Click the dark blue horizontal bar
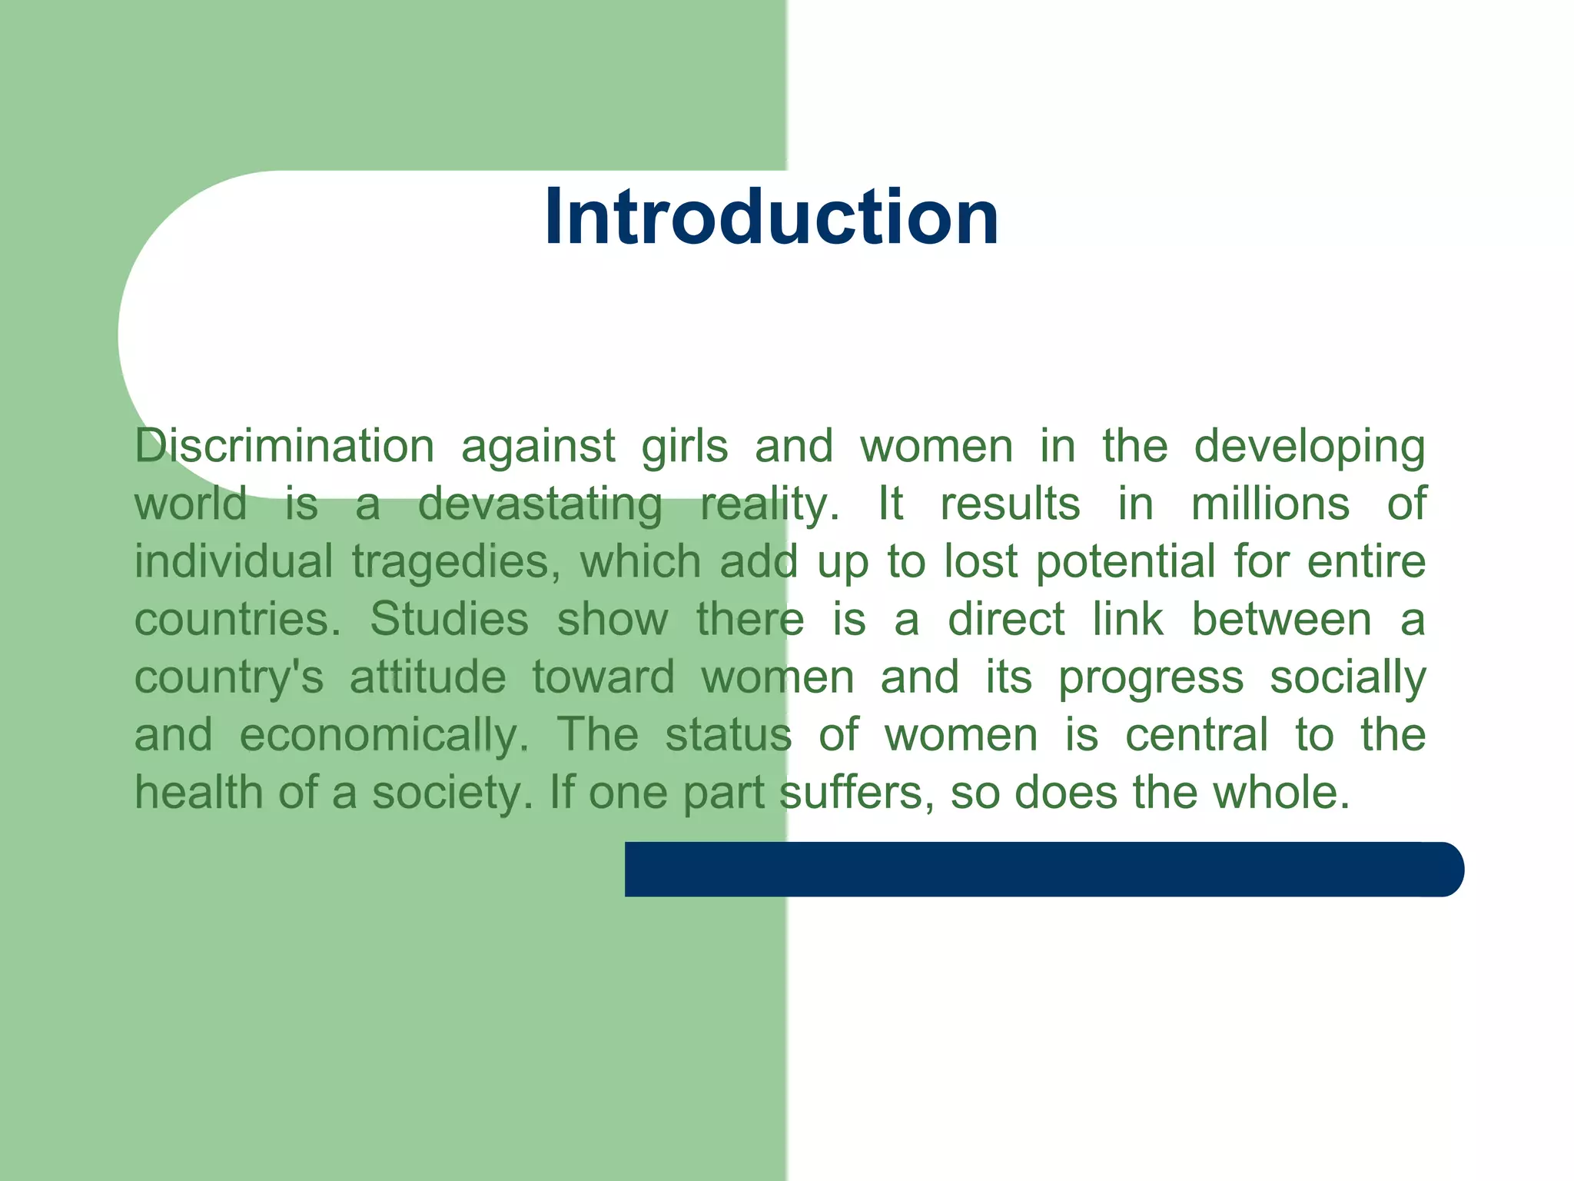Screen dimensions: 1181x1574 click(1044, 869)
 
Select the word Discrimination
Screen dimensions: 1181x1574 click(284, 446)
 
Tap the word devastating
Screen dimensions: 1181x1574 click(540, 504)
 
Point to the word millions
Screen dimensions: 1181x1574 click(1270, 504)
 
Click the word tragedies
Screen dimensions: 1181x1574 click(457, 562)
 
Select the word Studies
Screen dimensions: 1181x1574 click(449, 619)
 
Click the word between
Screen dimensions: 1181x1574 click(1281, 619)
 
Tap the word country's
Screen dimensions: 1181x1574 click(229, 677)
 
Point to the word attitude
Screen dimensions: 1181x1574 click(428, 677)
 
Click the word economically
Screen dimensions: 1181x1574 click(384, 735)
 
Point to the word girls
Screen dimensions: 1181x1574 click(685, 447)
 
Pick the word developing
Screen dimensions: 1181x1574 click(1309, 447)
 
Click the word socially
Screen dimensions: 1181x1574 click(1347, 677)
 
